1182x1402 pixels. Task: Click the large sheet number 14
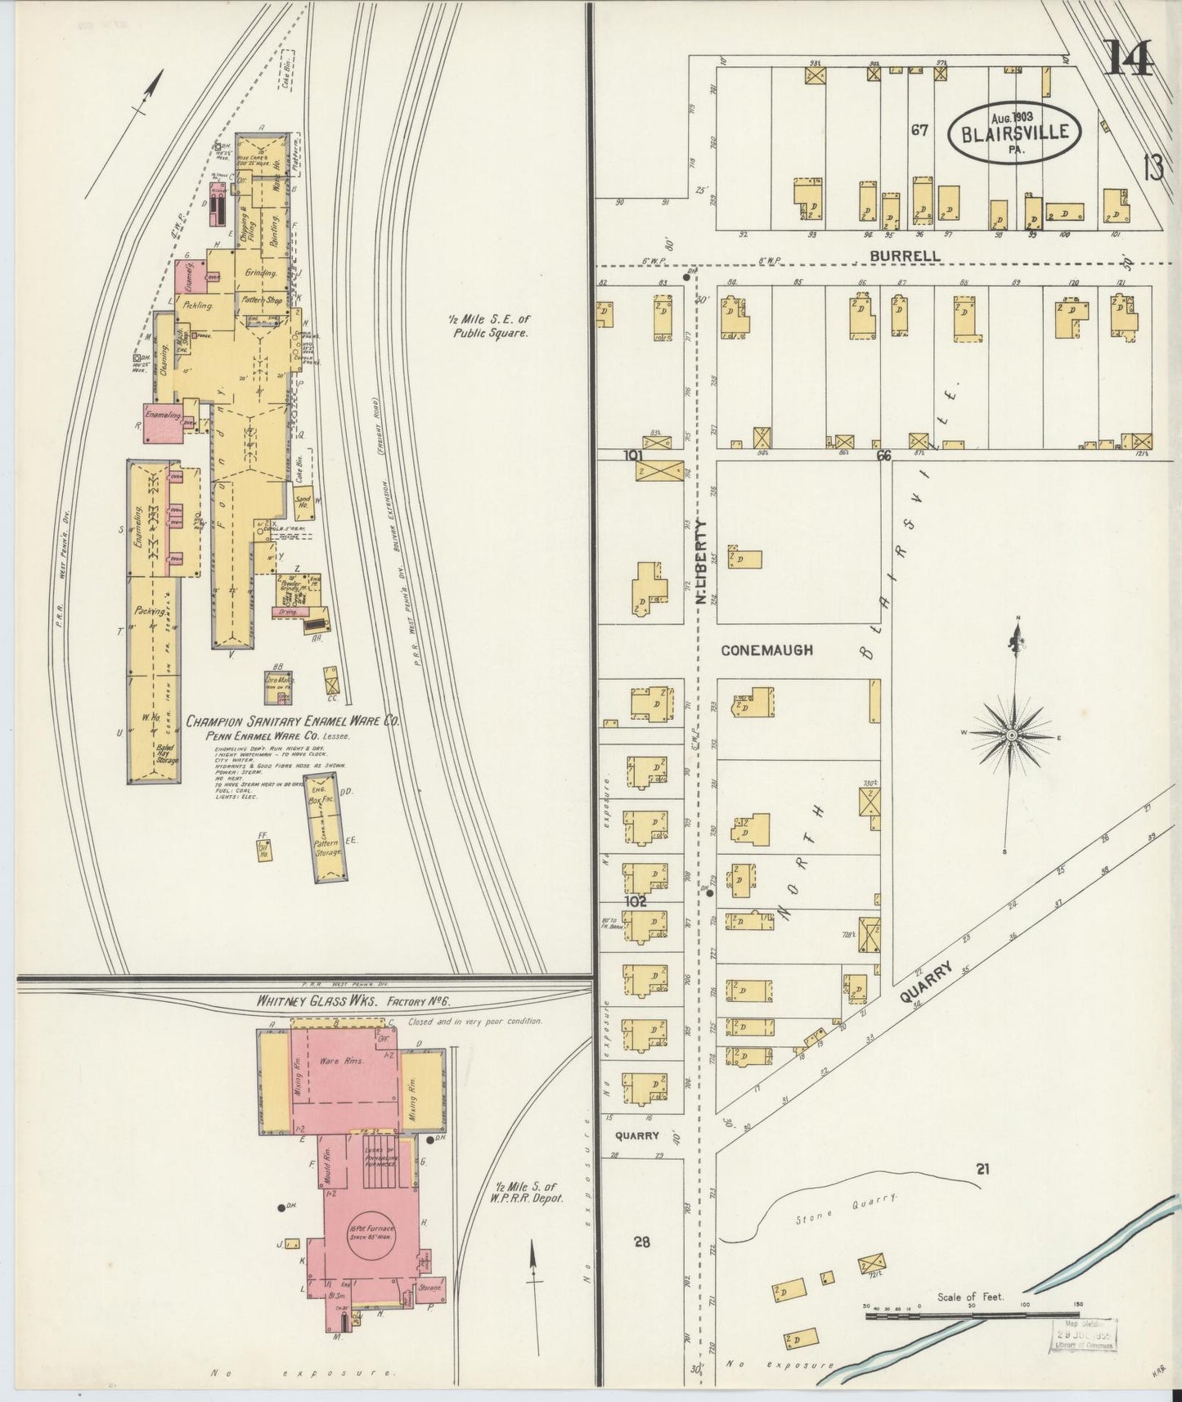point(1128,58)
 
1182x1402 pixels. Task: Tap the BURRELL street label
point(905,256)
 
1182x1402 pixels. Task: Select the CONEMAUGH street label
point(767,650)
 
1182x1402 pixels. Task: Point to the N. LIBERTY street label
point(701,564)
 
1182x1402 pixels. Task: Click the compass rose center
point(1012,735)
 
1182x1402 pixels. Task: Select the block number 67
point(919,130)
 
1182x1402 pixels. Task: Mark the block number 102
point(636,902)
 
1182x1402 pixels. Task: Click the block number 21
point(982,1170)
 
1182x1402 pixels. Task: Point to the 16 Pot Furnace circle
point(371,1233)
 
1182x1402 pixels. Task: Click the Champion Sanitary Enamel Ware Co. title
point(292,721)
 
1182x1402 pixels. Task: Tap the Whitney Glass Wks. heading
point(353,1003)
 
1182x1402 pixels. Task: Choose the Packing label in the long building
point(152,611)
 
